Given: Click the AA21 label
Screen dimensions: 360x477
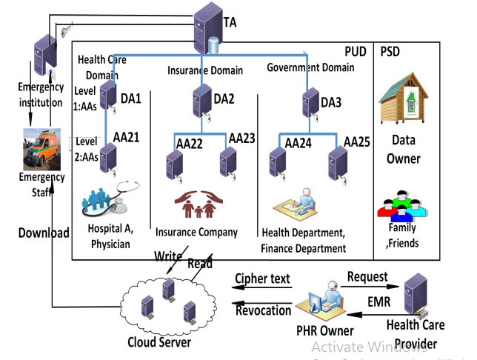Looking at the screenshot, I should [x=126, y=137].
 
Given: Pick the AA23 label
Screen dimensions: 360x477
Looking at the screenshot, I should [x=242, y=138].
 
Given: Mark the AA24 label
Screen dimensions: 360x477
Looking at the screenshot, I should [x=298, y=141].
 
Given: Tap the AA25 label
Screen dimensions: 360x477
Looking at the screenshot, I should [x=357, y=141].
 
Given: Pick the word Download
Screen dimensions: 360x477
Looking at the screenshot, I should [x=44, y=233].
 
